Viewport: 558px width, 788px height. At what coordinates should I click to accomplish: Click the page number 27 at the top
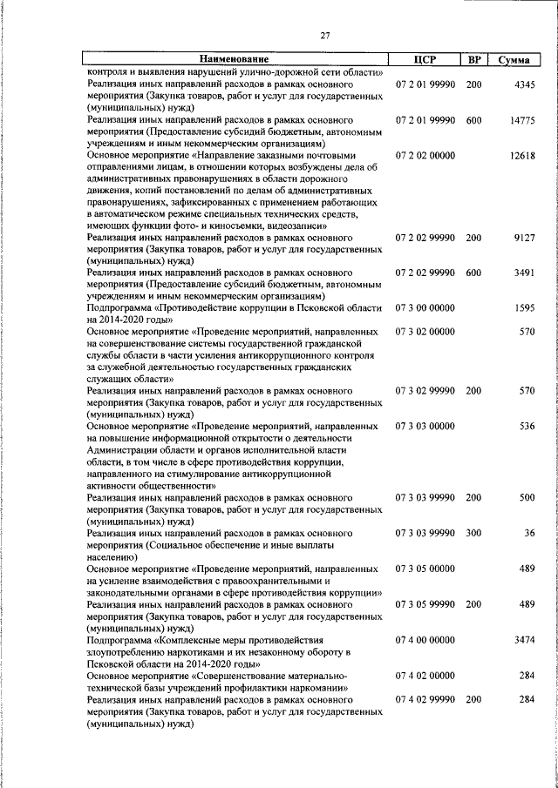point(324,35)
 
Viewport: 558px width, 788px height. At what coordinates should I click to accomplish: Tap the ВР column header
point(473,59)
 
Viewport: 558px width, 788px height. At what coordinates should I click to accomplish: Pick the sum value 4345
point(526,84)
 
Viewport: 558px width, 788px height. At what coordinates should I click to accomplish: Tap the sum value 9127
point(526,237)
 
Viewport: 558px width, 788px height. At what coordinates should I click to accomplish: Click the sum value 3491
point(526,273)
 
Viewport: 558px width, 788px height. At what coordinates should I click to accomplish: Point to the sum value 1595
point(526,308)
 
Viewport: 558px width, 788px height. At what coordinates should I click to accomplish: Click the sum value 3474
point(526,640)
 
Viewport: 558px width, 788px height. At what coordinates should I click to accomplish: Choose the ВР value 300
point(473,533)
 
